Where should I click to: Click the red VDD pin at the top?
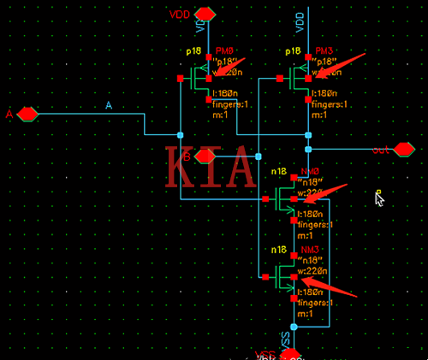coord(205,14)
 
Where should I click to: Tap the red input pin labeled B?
coord(205,156)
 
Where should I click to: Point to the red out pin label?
coord(382,150)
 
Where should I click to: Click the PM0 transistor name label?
coord(224,51)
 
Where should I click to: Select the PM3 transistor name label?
coord(324,51)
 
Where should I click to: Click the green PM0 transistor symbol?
coord(200,80)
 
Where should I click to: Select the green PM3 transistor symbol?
coord(300,80)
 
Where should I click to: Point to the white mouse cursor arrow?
coord(379,198)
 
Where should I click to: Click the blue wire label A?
coord(109,105)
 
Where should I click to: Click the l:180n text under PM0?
coord(225,92)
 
